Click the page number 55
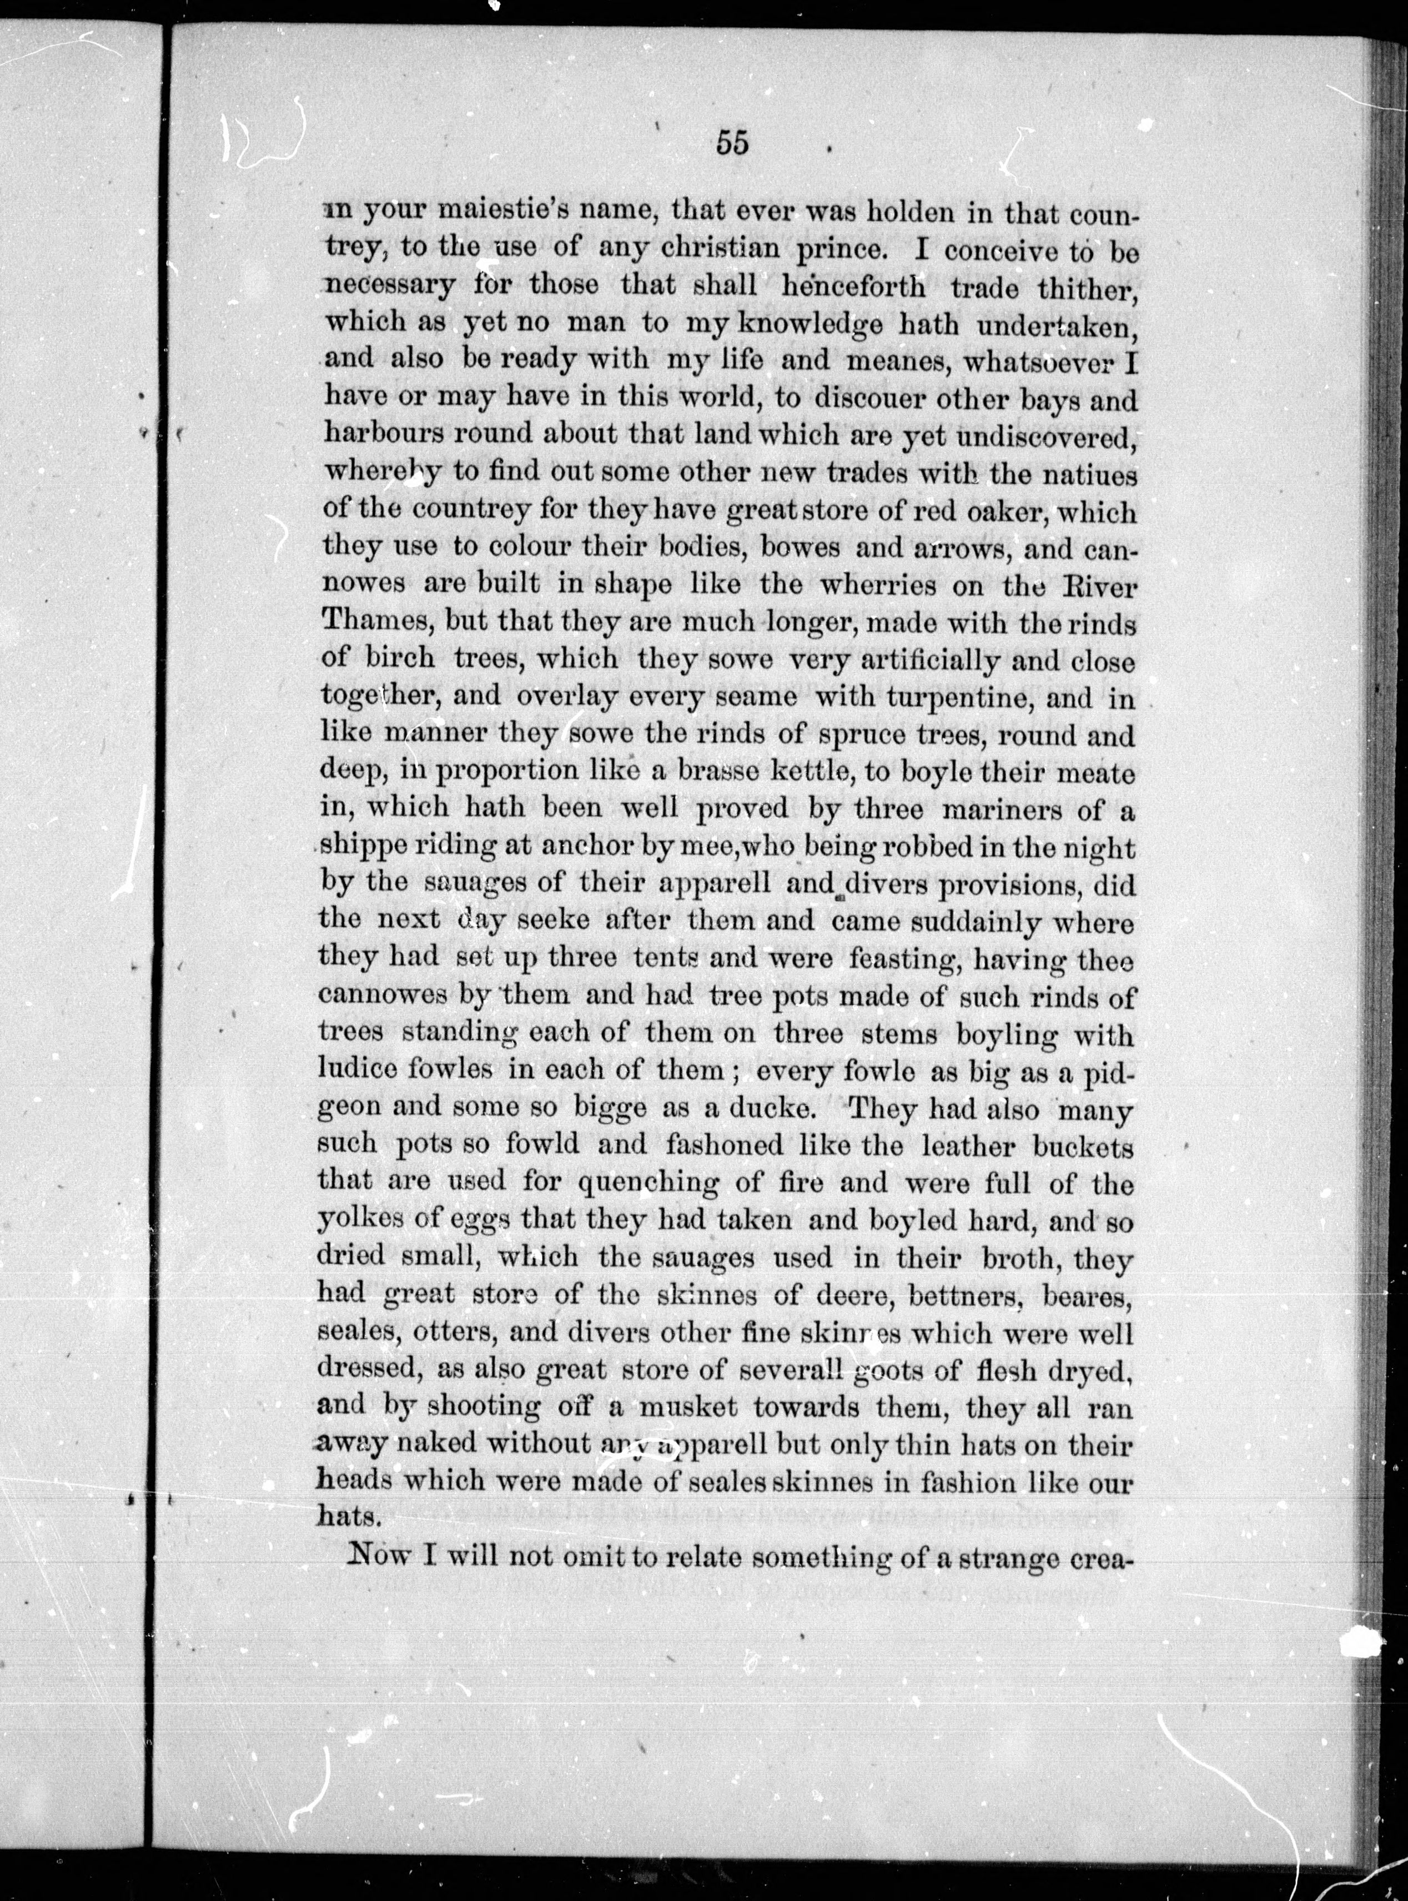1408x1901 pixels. pos(732,143)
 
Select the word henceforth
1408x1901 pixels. pos(852,286)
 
